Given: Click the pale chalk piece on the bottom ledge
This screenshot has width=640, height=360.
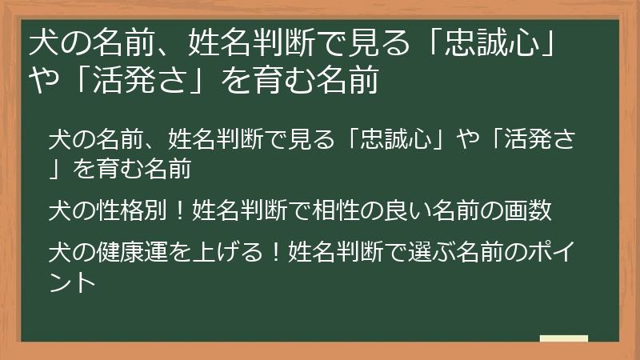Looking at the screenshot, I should pyautogui.click(x=563, y=338).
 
